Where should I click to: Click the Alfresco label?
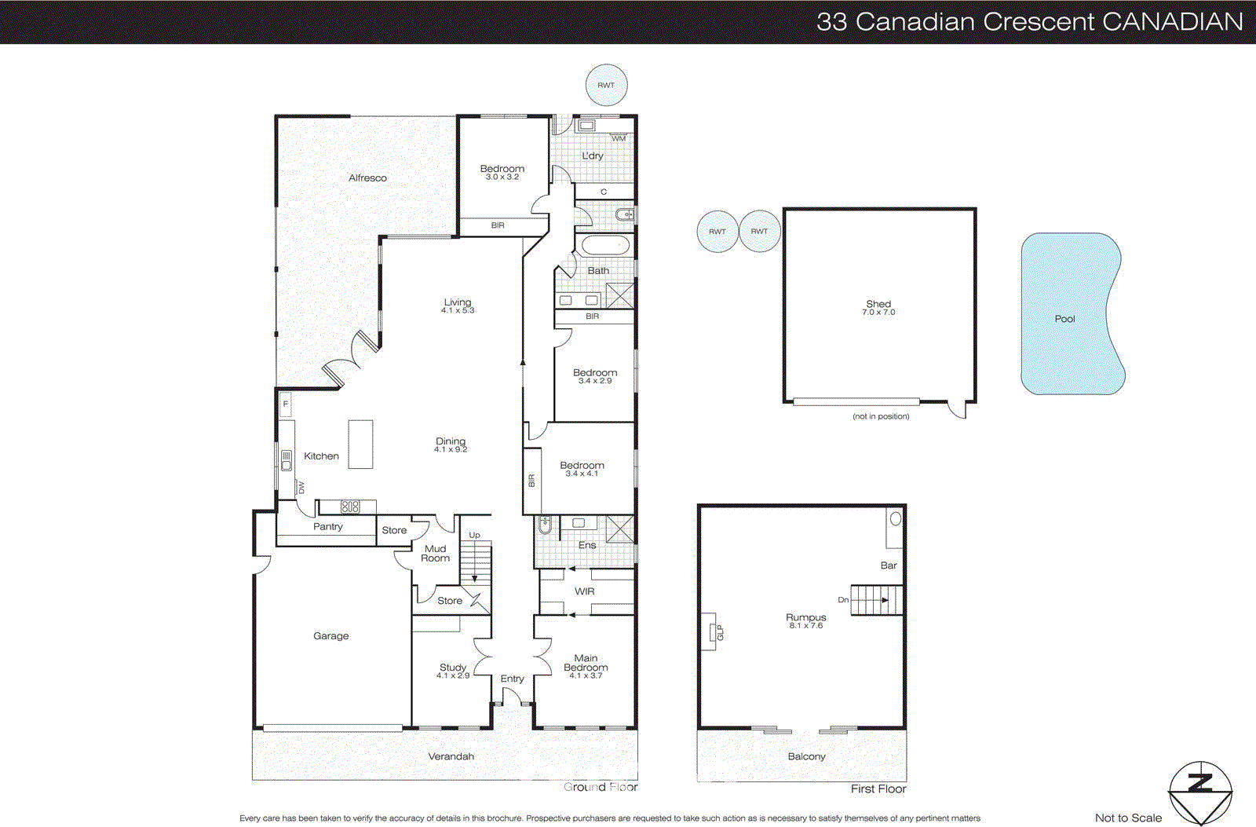[367, 178]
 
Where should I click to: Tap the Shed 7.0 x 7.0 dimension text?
[878, 313]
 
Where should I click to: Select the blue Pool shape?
[1068, 314]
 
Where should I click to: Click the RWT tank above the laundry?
[606, 86]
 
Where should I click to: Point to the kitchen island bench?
[360, 444]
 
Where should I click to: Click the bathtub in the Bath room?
[605, 245]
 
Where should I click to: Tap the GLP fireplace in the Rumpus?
[713, 632]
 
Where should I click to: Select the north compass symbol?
[1199, 792]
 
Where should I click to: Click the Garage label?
[330, 636]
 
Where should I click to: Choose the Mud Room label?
[435, 554]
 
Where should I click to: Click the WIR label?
[584, 591]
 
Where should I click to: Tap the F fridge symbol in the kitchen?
[286, 404]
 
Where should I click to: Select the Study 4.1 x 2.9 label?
[453, 671]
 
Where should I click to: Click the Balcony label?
[806, 756]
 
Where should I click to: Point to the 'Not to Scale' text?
[1127, 818]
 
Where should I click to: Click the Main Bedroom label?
[586, 663]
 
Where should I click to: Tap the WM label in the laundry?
[619, 138]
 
